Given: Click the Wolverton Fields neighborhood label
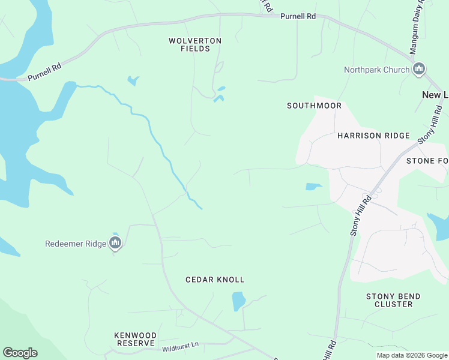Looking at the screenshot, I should (x=195, y=44).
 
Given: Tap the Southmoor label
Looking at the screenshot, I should (x=314, y=106).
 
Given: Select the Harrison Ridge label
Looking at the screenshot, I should (x=373, y=136).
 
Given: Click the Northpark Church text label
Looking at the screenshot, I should (x=376, y=70).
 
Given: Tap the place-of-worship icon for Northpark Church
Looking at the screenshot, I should (x=419, y=70).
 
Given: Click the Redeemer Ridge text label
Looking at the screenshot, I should (x=76, y=244).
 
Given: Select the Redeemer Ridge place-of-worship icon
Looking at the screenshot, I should (x=115, y=243).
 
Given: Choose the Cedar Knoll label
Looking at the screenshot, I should (x=215, y=280).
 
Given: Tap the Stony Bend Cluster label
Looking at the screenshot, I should (x=393, y=300).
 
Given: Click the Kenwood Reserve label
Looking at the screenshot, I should (x=136, y=339).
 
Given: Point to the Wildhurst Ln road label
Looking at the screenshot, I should (x=180, y=346).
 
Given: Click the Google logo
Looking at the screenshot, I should (x=20, y=353).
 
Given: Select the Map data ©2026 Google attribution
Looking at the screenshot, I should (x=412, y=355).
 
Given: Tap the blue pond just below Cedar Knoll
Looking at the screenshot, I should (x=239, y=300).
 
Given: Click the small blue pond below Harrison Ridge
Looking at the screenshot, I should (x=314, y=187).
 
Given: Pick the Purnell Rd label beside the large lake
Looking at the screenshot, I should (x=44, y=73).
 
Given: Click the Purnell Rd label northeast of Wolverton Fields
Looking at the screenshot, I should (x=298, y=17).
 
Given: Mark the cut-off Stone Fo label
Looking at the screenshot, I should (x=427, y=161).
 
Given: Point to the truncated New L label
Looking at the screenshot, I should (x=435, y=95).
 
